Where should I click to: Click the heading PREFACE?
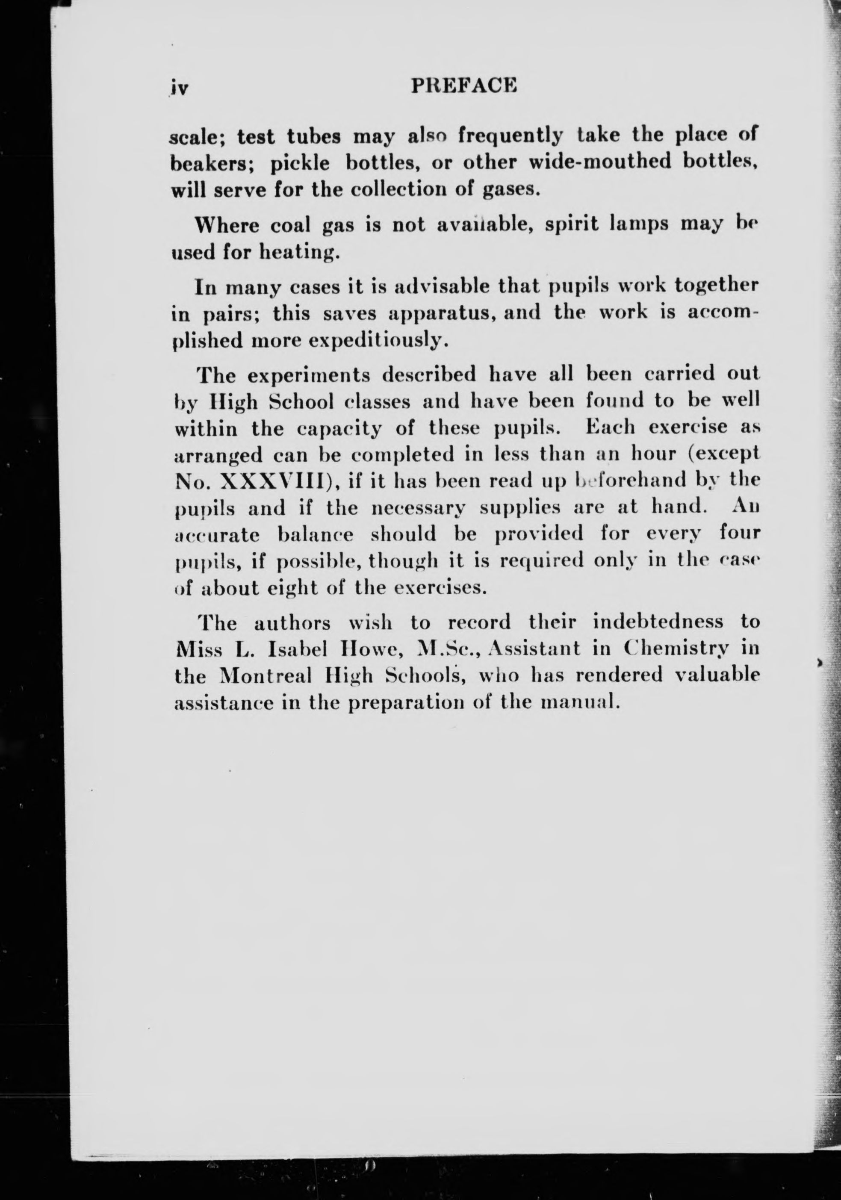464,85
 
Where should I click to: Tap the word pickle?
299,164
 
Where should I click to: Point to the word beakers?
212,164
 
